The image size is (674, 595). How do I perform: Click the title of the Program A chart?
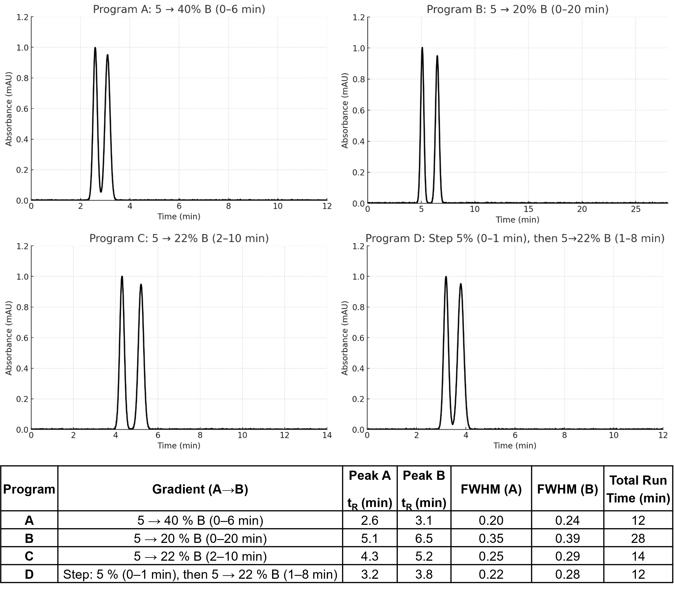pos(179,9)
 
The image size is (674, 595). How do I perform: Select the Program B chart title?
pos(517,9)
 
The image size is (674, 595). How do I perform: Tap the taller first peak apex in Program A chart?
pos(95,48)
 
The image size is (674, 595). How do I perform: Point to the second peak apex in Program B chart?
pos(437,56)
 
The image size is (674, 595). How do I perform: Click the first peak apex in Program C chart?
pos(122,277)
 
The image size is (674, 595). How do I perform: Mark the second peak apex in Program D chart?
pos(461,284)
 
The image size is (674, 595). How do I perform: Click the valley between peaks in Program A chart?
pos(101,191)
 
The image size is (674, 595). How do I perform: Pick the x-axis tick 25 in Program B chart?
pos(635,209)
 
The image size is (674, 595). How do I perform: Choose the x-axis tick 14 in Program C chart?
pos(327,435)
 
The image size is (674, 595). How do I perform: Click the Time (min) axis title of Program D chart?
pos(515,445)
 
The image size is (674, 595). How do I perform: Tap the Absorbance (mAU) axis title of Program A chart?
pos(9,109)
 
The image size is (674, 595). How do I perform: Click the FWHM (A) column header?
pos(491,489)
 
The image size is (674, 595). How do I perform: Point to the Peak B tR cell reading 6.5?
pos(424,538)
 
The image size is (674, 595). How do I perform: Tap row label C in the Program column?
pos(29,556)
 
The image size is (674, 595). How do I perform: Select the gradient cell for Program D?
pos(200,574)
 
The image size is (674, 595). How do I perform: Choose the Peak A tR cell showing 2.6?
pos(370,520)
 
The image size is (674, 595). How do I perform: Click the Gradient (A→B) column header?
pos(200,489)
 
